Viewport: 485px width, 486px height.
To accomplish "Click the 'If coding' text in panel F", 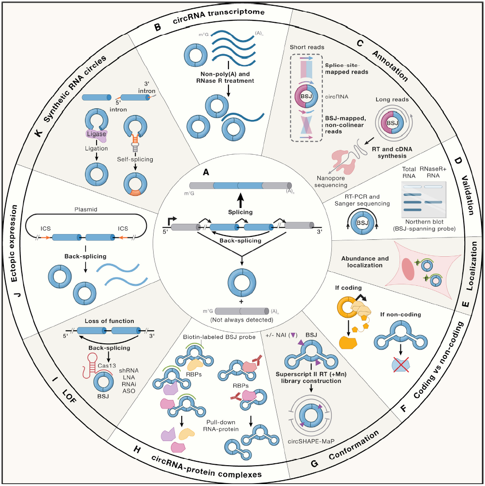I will click(x=349, y=289).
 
